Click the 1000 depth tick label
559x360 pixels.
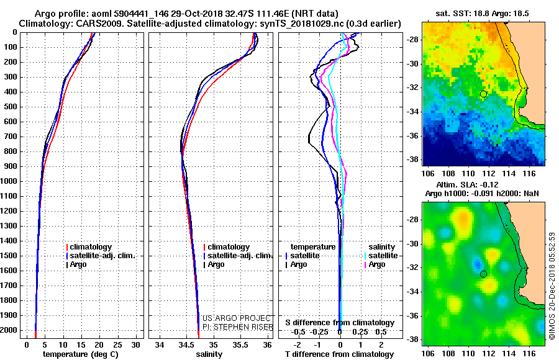[10, 181]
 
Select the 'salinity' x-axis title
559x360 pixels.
[209, 354]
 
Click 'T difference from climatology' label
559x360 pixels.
[340, 354]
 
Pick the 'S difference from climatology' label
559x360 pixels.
[340, 323]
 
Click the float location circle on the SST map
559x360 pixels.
[483, 94]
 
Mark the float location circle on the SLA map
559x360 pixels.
[483, 274]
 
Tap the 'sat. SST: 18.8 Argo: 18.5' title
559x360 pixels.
[483, 13]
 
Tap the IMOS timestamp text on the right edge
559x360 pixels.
[552, 286]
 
